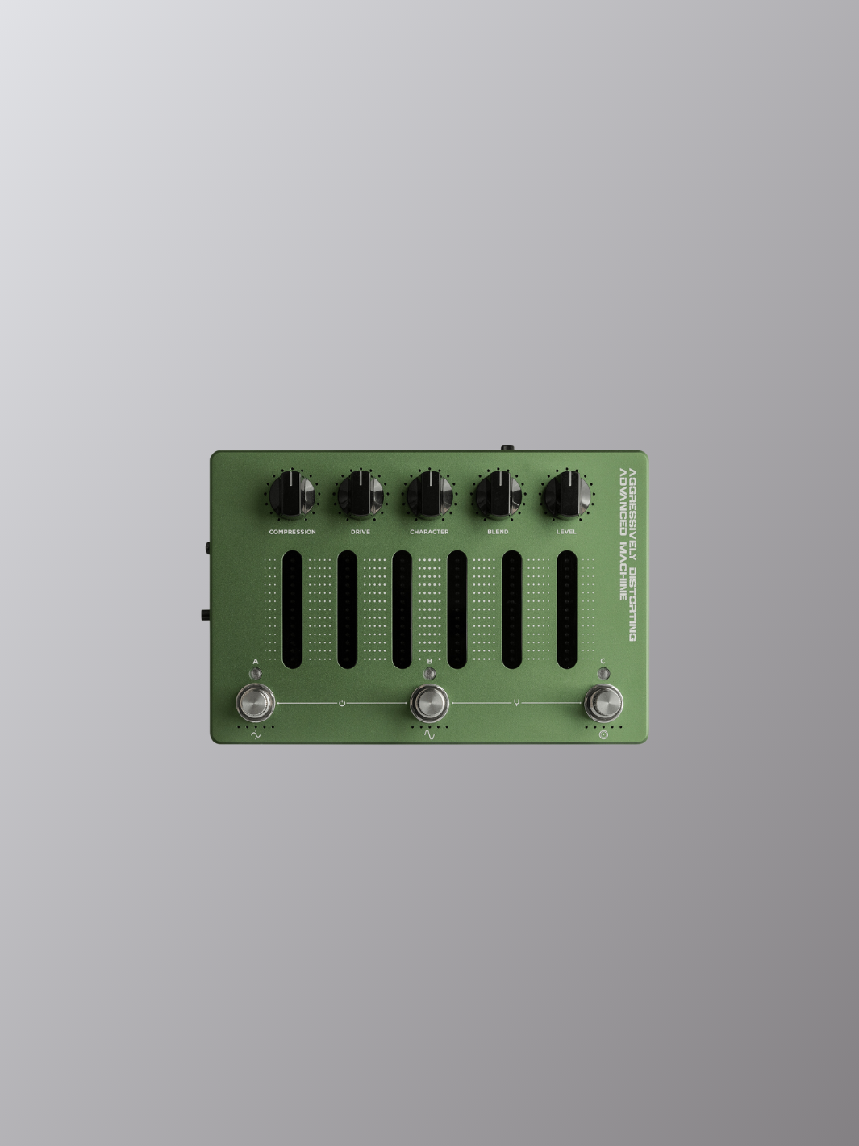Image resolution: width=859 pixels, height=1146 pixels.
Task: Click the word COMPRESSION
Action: pyautogui.click(x=293, y=532)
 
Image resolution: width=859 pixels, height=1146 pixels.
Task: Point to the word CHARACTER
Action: pyautogui.click(x=429, y=532)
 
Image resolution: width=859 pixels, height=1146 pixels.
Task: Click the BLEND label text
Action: pyautogui.click(x=498, y=532)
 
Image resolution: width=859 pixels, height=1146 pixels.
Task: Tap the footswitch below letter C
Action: pyautogui.click(x=603, y=703)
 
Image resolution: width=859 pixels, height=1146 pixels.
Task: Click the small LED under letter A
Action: pyautogui.click(x=256, y=674)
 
